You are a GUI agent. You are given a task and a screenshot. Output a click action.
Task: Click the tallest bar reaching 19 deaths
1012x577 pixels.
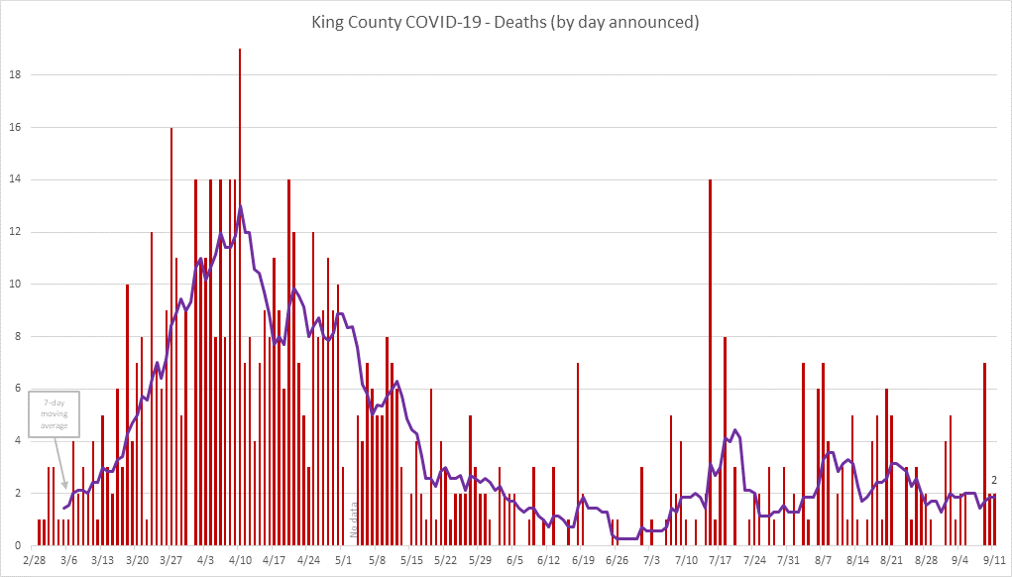click(x=240, y=297)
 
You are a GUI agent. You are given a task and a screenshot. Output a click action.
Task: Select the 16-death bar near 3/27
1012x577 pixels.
click(x=171, y=337)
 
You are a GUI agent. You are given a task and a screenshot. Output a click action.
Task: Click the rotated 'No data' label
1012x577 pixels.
click(x=353, y=519)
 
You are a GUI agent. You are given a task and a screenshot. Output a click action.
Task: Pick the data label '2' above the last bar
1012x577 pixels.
click(x=993, y=481)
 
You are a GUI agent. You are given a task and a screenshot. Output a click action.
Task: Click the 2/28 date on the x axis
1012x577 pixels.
click(x=34, y=560)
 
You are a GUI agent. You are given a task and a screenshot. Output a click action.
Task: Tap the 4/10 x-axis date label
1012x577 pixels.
click(x=240, y=560)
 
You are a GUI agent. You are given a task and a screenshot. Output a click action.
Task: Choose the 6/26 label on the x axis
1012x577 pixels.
click(x=617, y=560)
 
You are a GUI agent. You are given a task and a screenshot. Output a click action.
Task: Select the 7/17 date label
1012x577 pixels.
click(x=720, y=560)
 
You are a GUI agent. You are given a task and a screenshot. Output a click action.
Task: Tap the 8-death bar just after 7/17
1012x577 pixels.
click(x=725, y=441)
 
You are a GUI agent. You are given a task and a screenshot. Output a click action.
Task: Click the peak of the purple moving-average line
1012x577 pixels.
click(x=240, y=207)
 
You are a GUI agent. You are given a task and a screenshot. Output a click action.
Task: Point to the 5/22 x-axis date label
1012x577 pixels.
click(x=445, y=560)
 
